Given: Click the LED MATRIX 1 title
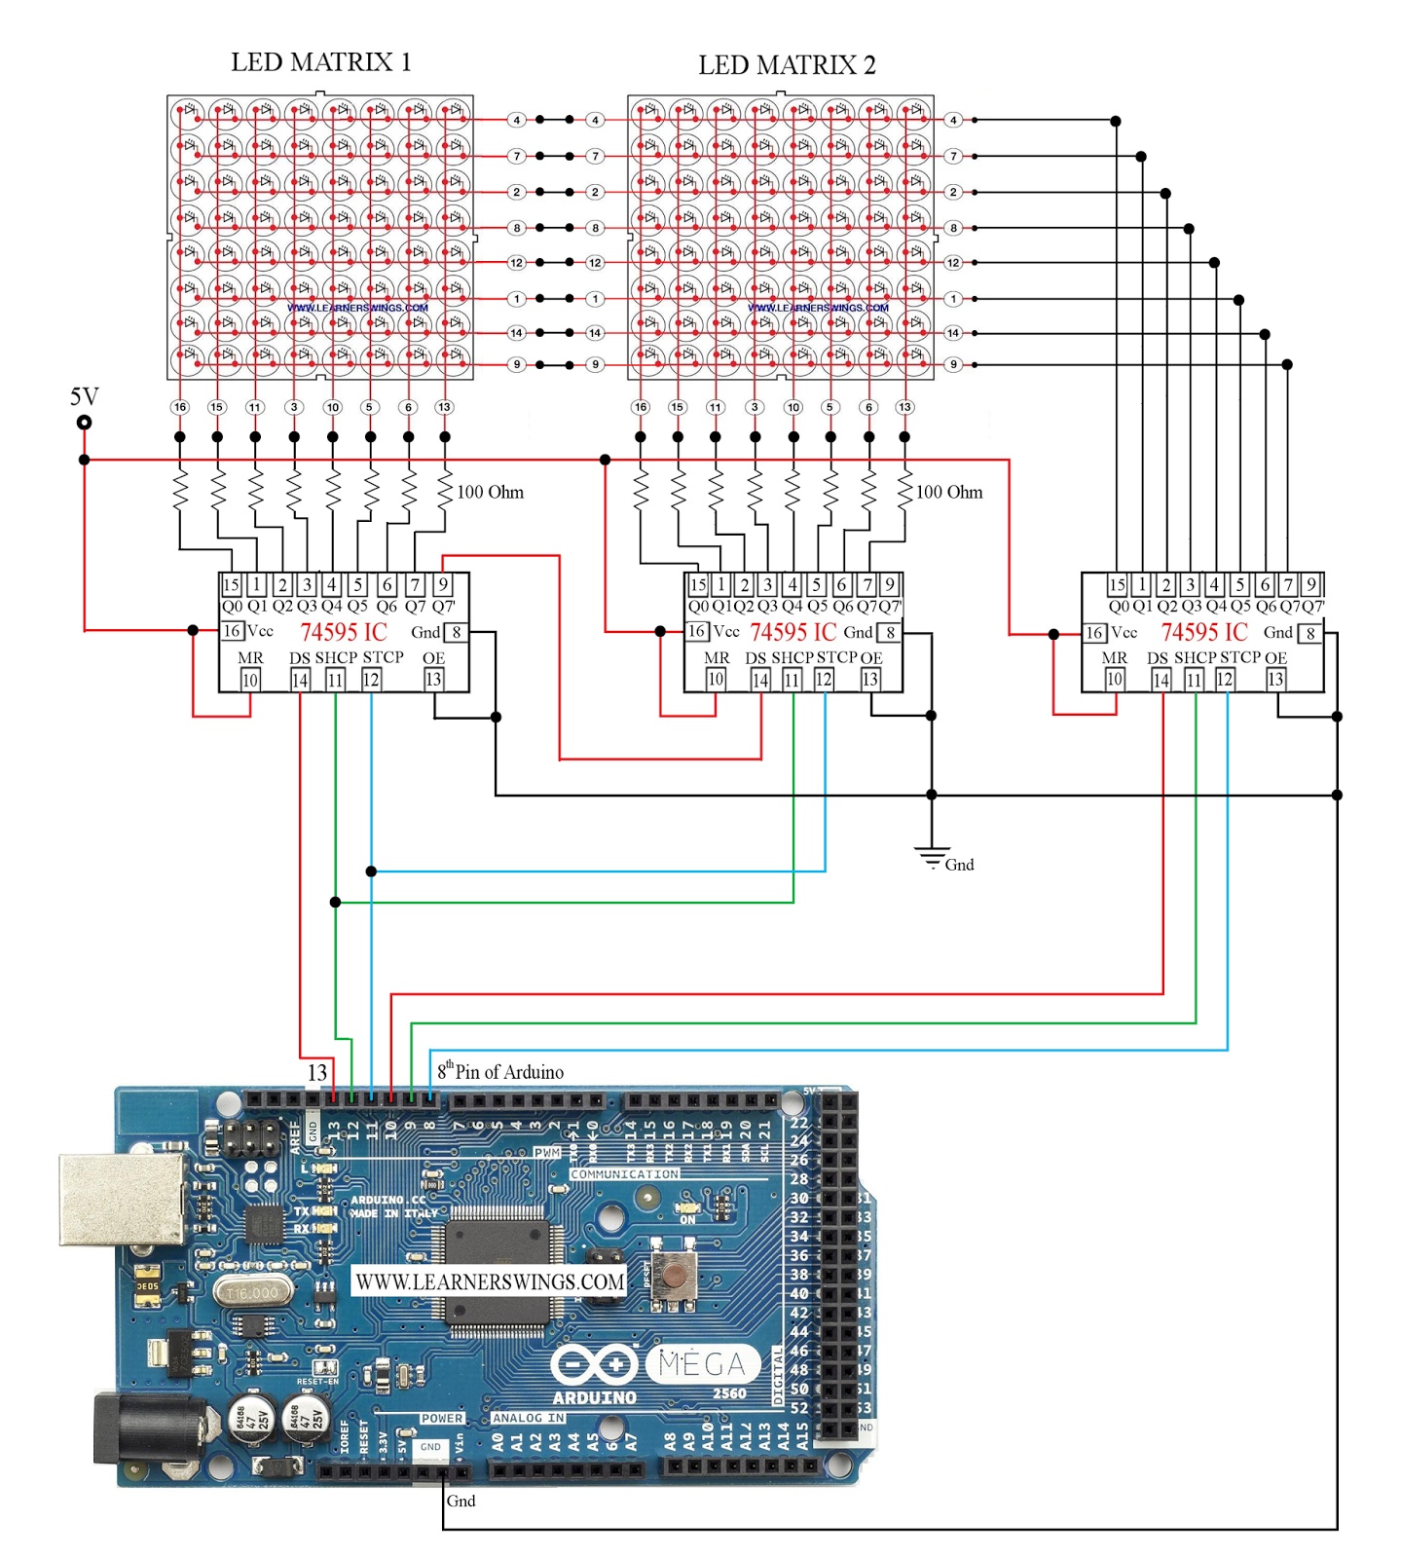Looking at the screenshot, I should [x=320, y=62].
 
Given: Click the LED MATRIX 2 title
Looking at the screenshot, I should [x=787, y=65].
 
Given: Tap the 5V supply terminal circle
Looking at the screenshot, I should [x=85, y=422].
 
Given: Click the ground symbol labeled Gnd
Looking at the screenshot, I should [x=932, y=857].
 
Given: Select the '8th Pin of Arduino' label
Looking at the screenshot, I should [x=500, y=1071].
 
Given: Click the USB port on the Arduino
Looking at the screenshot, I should [x=121, y=1199].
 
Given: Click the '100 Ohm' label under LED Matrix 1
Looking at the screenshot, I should [x=490, y=492].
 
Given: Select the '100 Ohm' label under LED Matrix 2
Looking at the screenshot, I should [x=949, y=492].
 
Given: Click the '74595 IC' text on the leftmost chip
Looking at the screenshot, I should [x=343, y=632].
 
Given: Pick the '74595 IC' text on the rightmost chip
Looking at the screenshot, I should [x=1203, y=632].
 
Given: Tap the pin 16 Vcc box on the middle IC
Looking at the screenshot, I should [x=697, y=631].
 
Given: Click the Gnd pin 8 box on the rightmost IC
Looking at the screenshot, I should [x=1311, y=633].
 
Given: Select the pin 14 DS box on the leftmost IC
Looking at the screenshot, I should [x=300, y=681].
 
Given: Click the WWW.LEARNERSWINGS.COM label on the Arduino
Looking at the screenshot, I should [x=490, y=1281].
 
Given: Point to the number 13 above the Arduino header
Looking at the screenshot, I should [x=317, y=1072].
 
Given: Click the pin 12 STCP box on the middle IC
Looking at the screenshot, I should [x=824, y=680].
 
